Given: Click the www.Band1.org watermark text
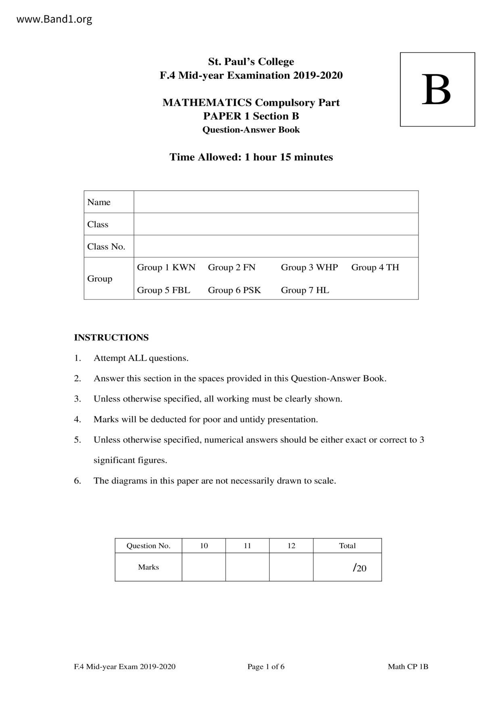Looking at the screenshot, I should click(x=54, y=19).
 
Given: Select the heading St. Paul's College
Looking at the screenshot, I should click(x=251, y=62).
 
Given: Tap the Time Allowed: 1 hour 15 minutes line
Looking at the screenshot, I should click(x=251, y=157).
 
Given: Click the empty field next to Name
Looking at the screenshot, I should click(x=276, y=202).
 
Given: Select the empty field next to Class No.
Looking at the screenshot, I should click(x=276, y=246).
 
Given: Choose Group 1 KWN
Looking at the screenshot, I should click(x=166, y=267).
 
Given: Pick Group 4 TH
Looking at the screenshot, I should click(x=375, y=267).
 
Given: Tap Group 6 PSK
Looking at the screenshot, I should click(x=234, y=290).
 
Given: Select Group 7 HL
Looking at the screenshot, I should click(x=305, y=290).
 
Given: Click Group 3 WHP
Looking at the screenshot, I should click(x=309, y=267).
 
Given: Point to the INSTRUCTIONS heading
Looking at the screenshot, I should click(x=111, y=337).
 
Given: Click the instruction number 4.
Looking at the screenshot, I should click(x=77, y=419).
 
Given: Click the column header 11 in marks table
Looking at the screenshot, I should click(x=248, y=546).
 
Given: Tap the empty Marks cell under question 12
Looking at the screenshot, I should click(x=291, y=567).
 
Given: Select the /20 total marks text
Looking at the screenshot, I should click(x=360, y=568).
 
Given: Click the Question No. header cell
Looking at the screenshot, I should click(x=148, y=546).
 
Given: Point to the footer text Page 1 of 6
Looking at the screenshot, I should click(x=266, y=666).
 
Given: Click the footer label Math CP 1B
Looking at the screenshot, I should click(x=408, y=666).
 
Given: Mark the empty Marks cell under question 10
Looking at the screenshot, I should click(x=204, y=567).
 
